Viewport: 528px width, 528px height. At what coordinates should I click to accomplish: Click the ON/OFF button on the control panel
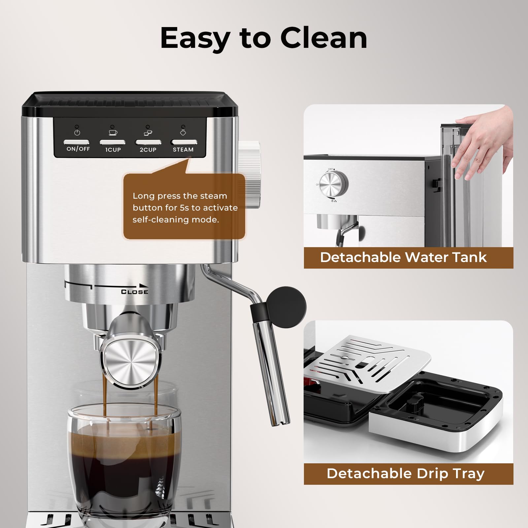click(x=77, y=142)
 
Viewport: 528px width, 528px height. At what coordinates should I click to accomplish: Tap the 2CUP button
click(x=148, y=142)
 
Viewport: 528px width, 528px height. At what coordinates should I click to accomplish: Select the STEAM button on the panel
click(x=184, y=142)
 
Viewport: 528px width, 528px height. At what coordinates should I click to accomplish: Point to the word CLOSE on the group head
click(x=135, y=292)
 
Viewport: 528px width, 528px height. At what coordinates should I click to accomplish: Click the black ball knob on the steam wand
click(x=286, y=307)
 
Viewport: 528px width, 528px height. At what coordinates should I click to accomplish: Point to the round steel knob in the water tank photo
click(x=334, y=183)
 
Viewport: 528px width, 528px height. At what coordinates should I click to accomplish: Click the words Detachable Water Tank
click(x=403, y=257)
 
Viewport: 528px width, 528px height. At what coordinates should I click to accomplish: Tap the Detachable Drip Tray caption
click(x=406, y=474)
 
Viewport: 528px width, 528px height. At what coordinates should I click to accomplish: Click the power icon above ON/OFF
click(x=77, y=132)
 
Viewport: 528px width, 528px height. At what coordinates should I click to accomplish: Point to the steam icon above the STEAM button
click(x=183, y=132)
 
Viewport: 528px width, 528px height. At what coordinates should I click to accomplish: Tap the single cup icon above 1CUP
click(x=113, y=132)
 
